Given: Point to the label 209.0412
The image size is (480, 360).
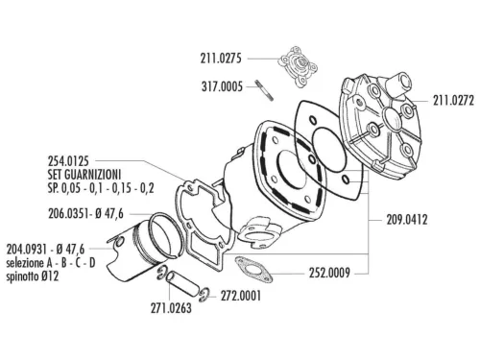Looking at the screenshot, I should (x=407, y=219).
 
